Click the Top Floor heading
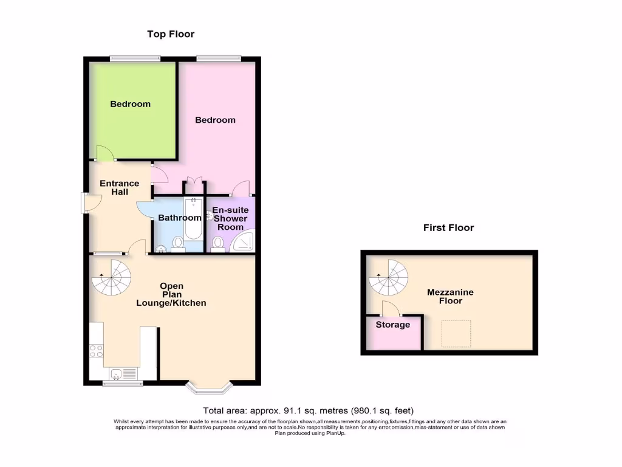pyautogui.click(x=171, y=34)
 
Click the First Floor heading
pyautogui.click(x=448, y=228)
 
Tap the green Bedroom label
pyautogui.click(x=130, y=104)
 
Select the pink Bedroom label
pyautogui.click(x=215, y=120)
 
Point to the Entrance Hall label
pyautogui.click(x=119, y=187)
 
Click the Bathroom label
pyautogui.click(x=179, y=218)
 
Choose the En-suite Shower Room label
pyautogui.click(x=230, y=218)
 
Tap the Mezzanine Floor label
pyautogui.click(x=450, y=296)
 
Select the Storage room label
pyautogui.click(x=392, y=325)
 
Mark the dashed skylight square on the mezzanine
pyautogui.click(x=456, y=334)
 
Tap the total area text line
pyautogui.click(x=308, y=410)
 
